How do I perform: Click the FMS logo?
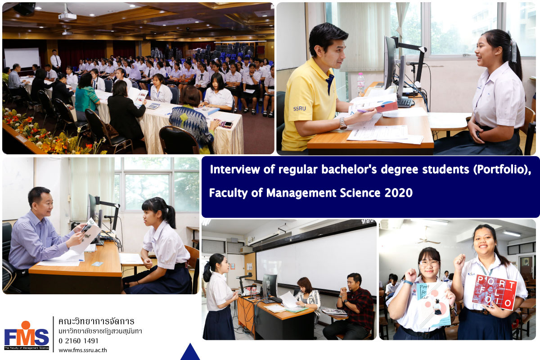click(x=27, y=335)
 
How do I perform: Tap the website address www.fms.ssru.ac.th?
click(x=83, y=350)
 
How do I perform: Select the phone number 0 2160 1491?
click(x=79, y=341)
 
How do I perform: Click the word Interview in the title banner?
click(x=235, y=169)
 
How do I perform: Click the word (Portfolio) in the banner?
click(x=502, y=170)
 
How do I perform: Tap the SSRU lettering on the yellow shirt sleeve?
click(x=299, y=108)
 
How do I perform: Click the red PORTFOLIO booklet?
click(x=494, y=292)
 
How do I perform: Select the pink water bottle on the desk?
click(x=360, y=85)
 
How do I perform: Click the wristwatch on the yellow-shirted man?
click(x=342, y=123)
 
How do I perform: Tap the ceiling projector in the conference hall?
click(x=67, y=16)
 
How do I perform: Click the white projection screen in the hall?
click(x=22, y=58)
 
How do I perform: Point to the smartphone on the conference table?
click(x=228, y=124)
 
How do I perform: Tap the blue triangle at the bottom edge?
click(x=190, y=352)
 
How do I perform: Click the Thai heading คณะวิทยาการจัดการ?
click(x=96, y=321)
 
